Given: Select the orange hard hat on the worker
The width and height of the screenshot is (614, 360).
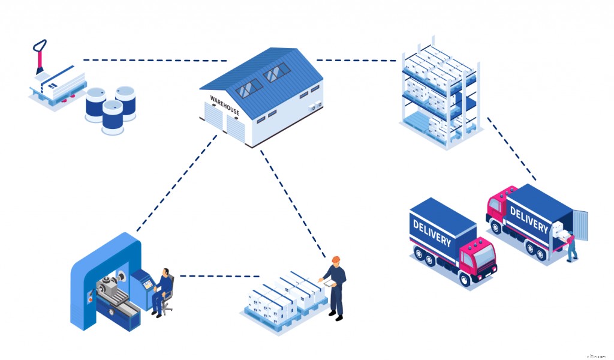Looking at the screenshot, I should coord(336,259).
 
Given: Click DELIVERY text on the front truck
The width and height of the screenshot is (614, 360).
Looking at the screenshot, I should coord(432,234).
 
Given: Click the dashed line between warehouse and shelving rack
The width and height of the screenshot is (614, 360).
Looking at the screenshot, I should coord(356,60).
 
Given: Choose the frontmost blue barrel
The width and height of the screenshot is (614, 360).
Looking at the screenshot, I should coord(112,117).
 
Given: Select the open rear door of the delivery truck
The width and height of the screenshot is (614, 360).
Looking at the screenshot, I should coord(580,225).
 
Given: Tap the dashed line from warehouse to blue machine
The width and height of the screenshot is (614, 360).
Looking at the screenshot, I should coord(176,183).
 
